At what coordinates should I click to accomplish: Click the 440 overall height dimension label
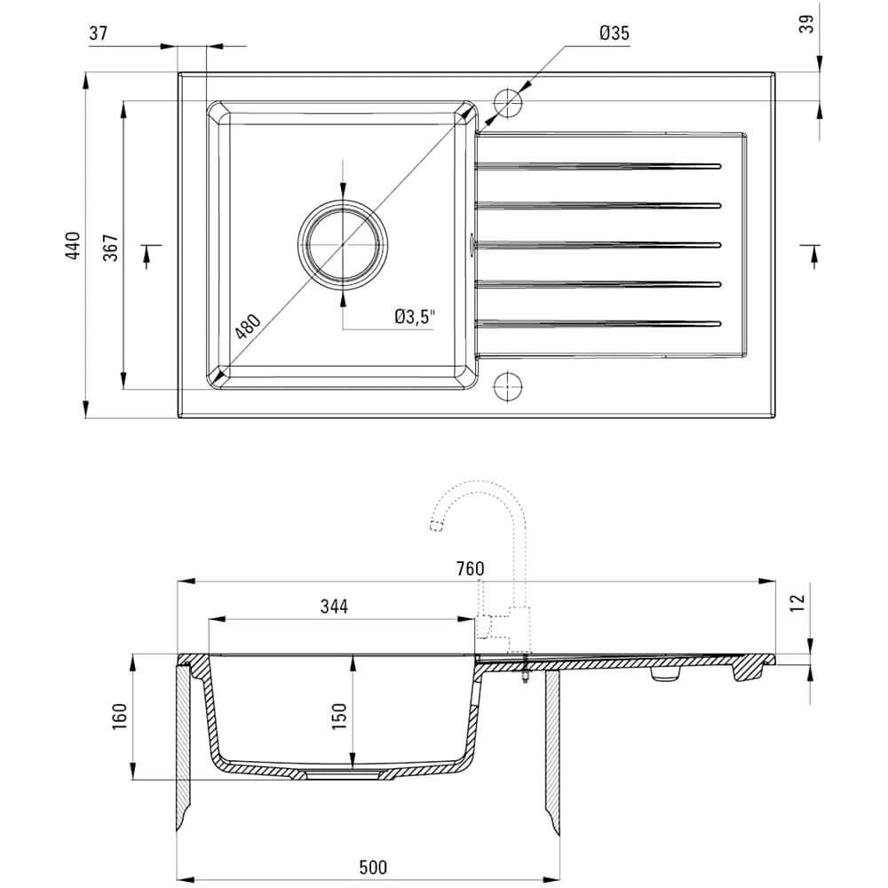[74, 245]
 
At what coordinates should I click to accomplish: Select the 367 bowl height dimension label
[111, 247]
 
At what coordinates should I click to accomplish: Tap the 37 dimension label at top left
[98, 34]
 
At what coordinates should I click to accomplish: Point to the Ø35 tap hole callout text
[614, 33]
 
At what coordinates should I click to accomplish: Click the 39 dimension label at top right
[806, 23]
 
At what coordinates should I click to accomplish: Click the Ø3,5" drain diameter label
[415, 317]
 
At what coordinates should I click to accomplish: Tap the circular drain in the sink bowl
[343, 245]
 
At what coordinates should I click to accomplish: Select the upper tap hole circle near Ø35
[507, 102]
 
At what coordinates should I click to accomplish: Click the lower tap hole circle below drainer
[507, 386]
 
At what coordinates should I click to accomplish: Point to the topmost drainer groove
[598, 167]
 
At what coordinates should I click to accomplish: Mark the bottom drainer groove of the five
[598, 324]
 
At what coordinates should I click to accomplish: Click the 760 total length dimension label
[470, 568]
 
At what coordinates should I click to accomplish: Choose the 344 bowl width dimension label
[334, 607]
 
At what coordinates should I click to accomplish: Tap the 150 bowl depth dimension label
[338, 716]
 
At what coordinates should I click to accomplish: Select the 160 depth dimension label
[120, 716]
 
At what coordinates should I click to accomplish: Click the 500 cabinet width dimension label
[373, 867]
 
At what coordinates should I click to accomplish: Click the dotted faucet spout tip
[436, 526]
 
